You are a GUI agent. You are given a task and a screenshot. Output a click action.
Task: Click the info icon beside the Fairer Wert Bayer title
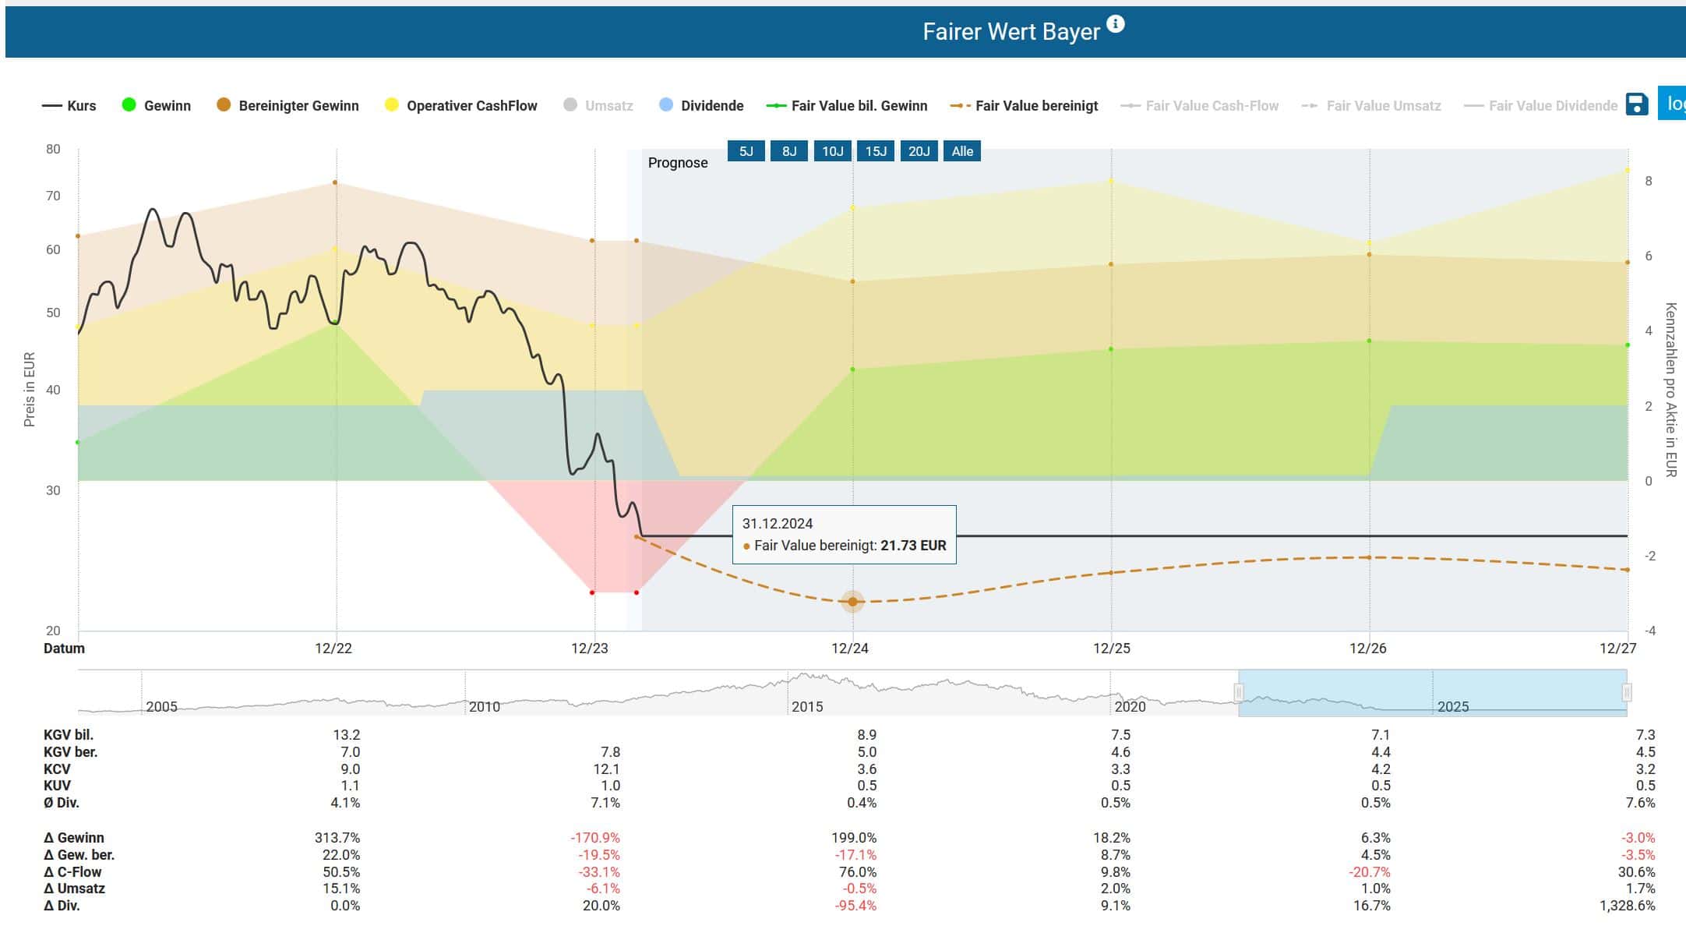tap(1116, 24)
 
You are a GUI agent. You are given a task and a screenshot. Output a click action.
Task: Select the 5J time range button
tap(746, 151)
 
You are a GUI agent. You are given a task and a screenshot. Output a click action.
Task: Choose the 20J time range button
tap(919, 151)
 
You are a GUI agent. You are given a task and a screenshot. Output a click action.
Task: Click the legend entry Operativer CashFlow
tap(461, 105)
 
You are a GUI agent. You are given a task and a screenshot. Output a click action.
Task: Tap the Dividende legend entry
tap(701, 105)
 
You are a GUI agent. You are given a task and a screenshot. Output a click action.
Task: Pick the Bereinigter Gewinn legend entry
tap(287, 105)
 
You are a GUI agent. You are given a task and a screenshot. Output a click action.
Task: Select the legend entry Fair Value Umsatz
tap(1372, 105)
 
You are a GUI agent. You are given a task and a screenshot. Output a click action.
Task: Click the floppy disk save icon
tap(1637, 104)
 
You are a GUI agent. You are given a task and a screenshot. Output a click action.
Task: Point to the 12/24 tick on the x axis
tap(850, 649)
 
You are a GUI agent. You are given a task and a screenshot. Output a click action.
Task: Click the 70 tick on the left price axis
tap(53, 196)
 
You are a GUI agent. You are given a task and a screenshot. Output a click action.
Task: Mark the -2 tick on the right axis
tap(1649, 556)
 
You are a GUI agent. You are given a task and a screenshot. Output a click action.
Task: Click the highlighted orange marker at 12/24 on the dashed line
tap(852, 602)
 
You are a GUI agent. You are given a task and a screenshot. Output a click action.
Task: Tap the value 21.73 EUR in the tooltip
tap(913, 546)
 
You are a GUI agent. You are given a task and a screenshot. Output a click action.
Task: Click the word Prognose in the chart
tap(678, 163)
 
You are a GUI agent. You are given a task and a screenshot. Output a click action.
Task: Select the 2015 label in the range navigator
tap(807, 707)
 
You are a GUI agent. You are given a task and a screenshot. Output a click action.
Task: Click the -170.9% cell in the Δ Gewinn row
tap(595, 838)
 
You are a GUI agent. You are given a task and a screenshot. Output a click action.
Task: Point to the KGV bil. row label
tap(69, 735)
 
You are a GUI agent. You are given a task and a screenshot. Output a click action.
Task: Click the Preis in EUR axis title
tap(30, 390)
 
